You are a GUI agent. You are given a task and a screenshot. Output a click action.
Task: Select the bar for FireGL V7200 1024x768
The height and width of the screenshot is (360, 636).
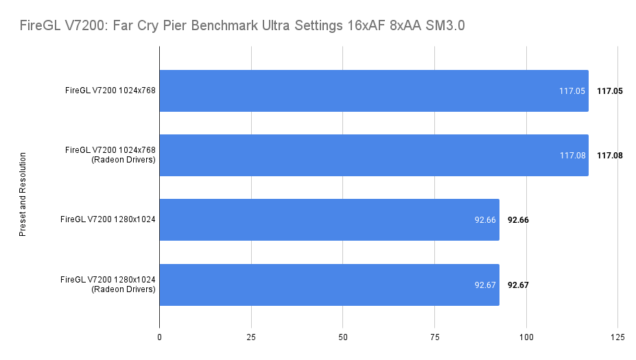tap(373, 91)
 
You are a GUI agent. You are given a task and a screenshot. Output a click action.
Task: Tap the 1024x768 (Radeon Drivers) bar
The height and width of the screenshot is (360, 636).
tap(373, 155)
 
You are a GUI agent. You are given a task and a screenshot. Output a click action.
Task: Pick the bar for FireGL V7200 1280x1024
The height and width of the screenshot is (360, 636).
tap(329, 220)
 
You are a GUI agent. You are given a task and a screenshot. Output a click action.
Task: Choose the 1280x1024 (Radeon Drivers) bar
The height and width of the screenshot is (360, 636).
tap(329, 285)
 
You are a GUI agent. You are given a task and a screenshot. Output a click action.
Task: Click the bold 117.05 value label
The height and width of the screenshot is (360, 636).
tap(609, 91)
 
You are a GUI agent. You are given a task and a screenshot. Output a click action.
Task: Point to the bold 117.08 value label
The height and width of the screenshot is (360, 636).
tap(609, 156)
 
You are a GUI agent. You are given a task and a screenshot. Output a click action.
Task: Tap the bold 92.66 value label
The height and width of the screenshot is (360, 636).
tap(518, 220)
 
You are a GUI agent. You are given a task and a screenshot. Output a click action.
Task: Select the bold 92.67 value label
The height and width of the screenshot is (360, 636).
tap(518, 285)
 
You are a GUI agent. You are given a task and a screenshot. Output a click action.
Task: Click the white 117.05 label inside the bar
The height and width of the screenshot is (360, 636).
tap(572, 91)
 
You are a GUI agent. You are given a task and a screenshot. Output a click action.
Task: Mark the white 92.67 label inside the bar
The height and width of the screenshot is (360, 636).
tap(484, 285)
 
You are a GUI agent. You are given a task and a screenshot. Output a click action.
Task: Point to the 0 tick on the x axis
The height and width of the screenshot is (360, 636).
tap(160, 337)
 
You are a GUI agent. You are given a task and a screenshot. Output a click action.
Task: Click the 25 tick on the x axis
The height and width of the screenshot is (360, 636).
tap(251, 337)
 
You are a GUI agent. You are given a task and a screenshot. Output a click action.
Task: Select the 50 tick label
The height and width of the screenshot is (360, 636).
tap(343, 337)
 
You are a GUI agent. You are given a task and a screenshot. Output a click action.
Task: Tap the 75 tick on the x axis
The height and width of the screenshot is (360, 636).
tap(434, 337)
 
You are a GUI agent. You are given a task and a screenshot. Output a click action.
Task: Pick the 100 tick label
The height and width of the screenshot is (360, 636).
tap(526, 337)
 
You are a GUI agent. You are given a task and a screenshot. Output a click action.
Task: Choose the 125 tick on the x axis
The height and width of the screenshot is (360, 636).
tap(617, 337)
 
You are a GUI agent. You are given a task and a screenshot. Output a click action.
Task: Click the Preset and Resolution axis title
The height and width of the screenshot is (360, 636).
tap(23, 195)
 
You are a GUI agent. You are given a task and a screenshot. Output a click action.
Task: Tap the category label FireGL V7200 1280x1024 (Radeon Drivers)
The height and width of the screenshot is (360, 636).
tap(108, 285)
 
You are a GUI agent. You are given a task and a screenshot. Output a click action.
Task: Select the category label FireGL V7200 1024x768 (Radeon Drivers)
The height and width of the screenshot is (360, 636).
tap(110, 155)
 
